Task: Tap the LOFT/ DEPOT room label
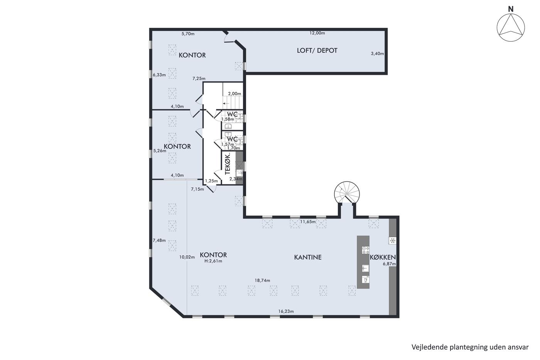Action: [x=317, y=51]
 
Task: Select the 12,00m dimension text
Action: [x=317, y=33]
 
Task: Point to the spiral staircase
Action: [x=347, y=193]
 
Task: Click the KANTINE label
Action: [x=308, y=257]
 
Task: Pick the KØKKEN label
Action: [x=383, y=257]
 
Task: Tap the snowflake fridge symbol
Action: [x=393, y=240]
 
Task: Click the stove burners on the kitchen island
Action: [x=366, y=250]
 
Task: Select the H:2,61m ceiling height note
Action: [x=213, y=261]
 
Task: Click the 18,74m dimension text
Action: [x=262, y=281]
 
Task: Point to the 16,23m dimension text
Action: [x=286, y=311]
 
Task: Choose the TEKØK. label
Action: [x=228, y=164]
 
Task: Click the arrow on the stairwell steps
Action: [x=226, y=103]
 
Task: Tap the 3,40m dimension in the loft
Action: [x=377, y=54]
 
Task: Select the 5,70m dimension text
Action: [x=188, y=34]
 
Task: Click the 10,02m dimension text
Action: [x=187, y=257]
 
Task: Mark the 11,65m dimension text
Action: [x=308, y=221]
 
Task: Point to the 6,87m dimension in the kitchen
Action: [x=389, y=264]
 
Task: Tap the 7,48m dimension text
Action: [x=159, y=240]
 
